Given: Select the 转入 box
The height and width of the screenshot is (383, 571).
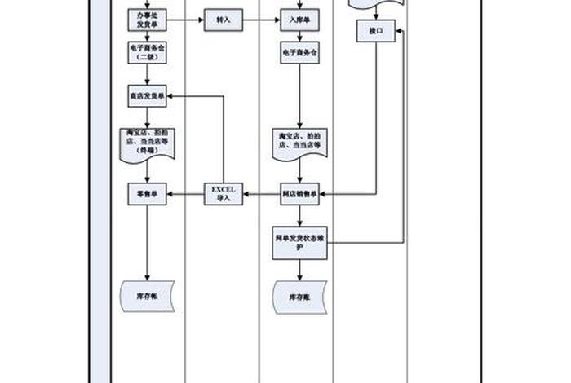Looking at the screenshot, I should pyautogui.click(x=223, y=20).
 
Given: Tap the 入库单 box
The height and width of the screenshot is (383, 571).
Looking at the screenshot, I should pyautogui.click(x=299, y=20).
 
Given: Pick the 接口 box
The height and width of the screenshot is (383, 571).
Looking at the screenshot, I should pyautogui.click(x=376, y=32).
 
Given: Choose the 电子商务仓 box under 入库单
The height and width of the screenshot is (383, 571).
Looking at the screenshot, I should pyautogui.click(x=299, y=54).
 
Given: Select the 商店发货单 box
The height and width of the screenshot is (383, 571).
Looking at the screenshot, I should pyautogui.click(x=148, y=95).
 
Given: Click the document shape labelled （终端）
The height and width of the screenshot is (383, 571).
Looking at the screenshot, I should pyautogui.click(x=148, y=142).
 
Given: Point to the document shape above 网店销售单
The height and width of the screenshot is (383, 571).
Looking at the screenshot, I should pyautogui.click(x=299, y=140).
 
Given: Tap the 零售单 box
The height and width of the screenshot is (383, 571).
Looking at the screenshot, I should pyautogui.click(x=148, y=194).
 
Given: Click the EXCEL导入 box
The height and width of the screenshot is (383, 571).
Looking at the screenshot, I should pyautogui.click(x=223, y=193).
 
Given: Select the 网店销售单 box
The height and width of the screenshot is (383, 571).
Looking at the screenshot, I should pyautogui.click(x=299, y=194).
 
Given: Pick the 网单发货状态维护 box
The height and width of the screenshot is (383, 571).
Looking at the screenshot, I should pyautogui.click(x=299, y=242).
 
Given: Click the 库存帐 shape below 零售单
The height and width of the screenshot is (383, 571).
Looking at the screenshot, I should pyautogui.click(x=148, y=295).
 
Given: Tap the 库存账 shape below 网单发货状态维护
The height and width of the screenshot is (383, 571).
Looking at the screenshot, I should pyautogui.click(x=299, y=297).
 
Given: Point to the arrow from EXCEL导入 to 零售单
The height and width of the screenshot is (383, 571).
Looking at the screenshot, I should pyautogui.click(x=185, y=194).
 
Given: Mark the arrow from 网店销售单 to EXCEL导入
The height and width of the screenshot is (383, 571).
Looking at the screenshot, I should pyautogui.click(x=261, y=194).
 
